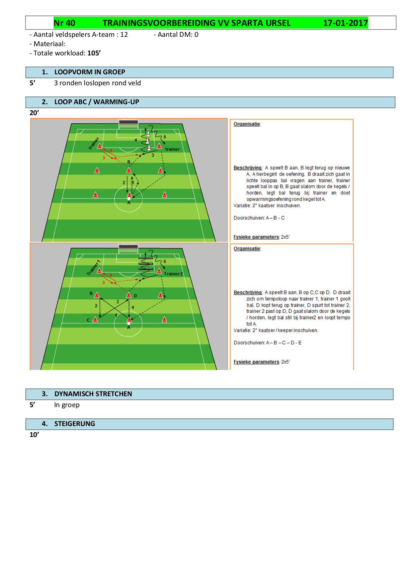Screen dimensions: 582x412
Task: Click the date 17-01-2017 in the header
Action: click(x=345, y=23)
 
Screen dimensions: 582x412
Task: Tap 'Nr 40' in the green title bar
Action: click(x=64, y=23)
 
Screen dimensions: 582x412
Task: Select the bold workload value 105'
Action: click(x=94, y=53)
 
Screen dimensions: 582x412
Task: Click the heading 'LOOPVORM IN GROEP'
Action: click(x=90, y=72)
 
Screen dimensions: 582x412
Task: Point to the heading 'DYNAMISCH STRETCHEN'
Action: click(x=93, y=394)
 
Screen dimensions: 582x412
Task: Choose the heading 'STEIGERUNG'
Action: click(x=74, y=424)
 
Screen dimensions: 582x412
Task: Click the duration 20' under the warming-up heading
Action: click(x=34, y=113)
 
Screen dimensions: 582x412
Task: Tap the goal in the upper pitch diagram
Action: click(x=128, y=124)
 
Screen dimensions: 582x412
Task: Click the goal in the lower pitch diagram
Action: click(x=128, y=249)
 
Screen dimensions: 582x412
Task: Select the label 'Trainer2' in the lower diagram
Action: click(x=173, y=274)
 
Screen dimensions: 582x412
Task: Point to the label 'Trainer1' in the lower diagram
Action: click(x=93, y=267)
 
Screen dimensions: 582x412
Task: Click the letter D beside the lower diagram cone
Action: click(x=135, y=296)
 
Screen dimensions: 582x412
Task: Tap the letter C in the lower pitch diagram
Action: click(x=88, y=320)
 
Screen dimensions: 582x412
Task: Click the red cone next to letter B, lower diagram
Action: click(x=97, y=295)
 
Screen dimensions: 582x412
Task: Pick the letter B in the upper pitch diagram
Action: click(x=129, y=162)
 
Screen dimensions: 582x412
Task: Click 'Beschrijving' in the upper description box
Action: click(x=247, y=168)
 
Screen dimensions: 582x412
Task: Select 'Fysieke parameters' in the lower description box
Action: click(x=256, y=362)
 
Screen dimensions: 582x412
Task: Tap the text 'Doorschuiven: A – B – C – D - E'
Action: click(x=268, y=343)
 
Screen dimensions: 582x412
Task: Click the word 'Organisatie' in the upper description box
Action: click(x=247, y=124)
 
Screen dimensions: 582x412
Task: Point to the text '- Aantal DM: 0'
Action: click(x=176, y=35)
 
